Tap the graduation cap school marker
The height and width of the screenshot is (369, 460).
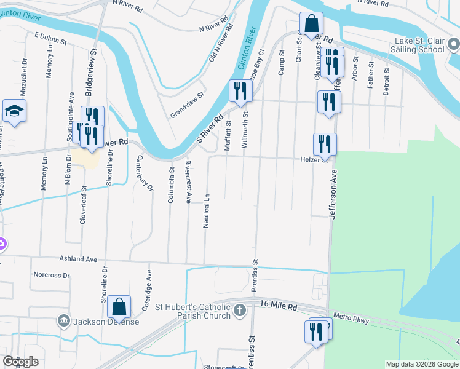click(x=14, y=111)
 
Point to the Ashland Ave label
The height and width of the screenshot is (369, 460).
click(x=78, y=260)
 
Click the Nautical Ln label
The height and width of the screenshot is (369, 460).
click(x=207, y=211)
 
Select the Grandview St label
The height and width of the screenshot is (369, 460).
click(x=187, y=106)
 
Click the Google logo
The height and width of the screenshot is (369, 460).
click(x=20, y=362)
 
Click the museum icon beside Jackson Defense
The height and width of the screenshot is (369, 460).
click(x=63, y=321)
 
